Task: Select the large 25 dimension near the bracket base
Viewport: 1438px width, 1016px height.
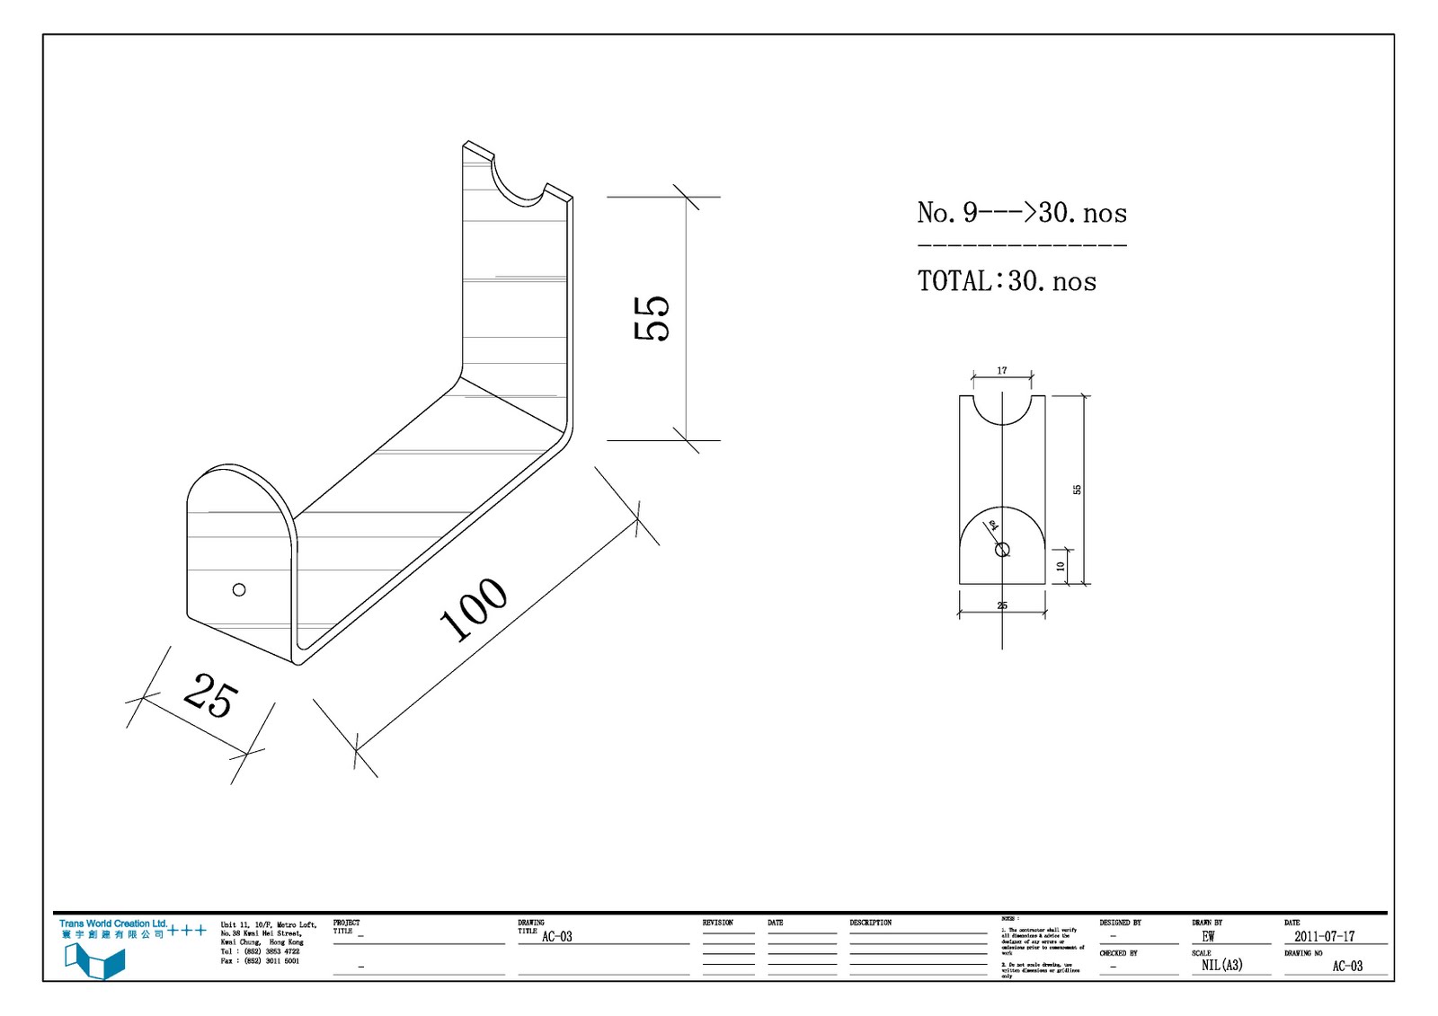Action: coord(211,695)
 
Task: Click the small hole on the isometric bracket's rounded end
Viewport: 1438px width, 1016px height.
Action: coord(239,590)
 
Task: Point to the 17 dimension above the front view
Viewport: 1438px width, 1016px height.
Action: coord(1002,370)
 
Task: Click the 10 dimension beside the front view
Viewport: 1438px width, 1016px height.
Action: coord(1061,566)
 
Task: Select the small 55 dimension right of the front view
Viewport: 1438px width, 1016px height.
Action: coord(1077,490)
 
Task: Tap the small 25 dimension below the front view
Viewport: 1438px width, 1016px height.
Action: coord(1002,606)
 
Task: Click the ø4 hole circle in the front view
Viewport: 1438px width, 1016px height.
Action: coord(1002,550)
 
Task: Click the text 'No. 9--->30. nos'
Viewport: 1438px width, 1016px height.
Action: coord(1022,214)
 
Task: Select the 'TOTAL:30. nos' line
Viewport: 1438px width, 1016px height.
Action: coord(1007,282)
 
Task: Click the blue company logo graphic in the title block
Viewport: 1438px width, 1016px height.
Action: coord(94,960)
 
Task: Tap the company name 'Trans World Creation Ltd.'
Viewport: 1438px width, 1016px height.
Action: coord(113,923)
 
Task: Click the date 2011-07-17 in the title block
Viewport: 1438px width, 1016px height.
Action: coord(1324,936)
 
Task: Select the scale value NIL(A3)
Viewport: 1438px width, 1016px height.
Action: coord(1221,966)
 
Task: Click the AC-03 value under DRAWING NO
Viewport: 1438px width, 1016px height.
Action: coord(1346,967)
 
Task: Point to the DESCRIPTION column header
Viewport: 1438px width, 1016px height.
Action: coord(870,923)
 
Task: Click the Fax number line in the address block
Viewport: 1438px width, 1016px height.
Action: coord(261,961)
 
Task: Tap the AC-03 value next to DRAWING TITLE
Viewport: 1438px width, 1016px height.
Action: coord(556,936)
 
